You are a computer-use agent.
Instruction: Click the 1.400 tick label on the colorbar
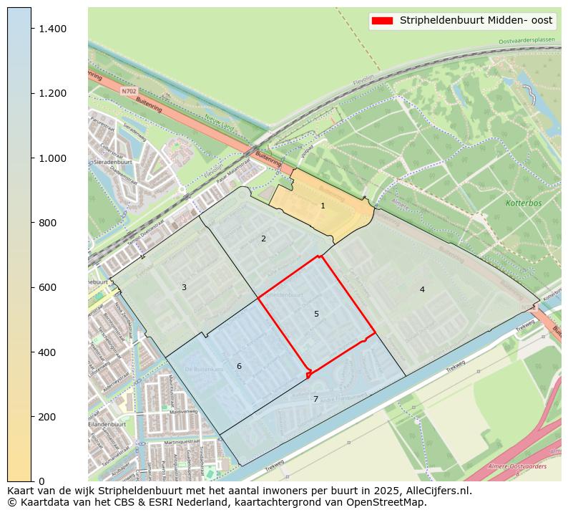point(52,29)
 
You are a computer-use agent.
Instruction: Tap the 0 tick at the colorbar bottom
point(41,481)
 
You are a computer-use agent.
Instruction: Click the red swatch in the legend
point(383,21)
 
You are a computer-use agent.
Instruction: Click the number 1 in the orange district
point(323,206)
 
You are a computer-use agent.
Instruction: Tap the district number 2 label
point(263,239)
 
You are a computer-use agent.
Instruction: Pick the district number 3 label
point(184,287)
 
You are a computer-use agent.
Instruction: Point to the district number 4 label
point(422,289)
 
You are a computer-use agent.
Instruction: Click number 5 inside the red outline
point(316,314)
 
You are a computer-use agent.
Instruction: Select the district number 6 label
point(239,367)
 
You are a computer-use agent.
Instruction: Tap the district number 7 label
point(315,400)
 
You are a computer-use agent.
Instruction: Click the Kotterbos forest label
point(524,203)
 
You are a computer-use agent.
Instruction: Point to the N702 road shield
point(129,92)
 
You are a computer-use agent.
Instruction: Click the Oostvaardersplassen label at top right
point(527,41)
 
